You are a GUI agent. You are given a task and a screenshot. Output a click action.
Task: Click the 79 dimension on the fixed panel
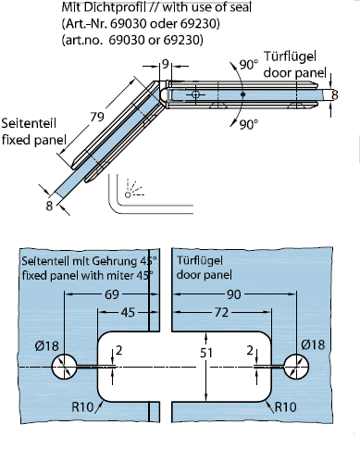click(x=97, y=117)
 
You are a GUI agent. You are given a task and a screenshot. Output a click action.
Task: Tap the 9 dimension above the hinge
click(x=166, y=64)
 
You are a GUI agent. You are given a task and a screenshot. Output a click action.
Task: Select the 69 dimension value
click(x=112, y=294)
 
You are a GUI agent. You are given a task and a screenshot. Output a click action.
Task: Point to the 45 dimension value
click(x=128, y=312)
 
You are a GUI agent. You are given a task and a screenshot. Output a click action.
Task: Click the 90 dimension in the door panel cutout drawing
click(x=234, y=294)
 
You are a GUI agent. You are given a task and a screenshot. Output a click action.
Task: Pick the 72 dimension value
click(x=221, y=312)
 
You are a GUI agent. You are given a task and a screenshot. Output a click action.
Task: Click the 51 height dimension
click(x=206, y=353)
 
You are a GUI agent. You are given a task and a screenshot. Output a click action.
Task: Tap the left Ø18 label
click(x=46, y=346)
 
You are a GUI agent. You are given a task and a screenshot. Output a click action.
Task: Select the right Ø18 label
click(x=313, y=344)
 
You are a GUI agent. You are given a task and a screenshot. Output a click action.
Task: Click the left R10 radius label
click(x=82, y=407)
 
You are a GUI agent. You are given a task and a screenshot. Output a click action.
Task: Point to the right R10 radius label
click(x=285, y=407)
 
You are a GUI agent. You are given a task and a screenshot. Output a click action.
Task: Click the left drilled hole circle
click(x=64, y=367)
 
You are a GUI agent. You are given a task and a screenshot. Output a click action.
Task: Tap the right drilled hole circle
click(x=296, y=367)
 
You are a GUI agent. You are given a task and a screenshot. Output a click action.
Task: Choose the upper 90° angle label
click(x=249, y=65)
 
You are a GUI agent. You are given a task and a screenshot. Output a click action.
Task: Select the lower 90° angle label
click(x=249, y=124)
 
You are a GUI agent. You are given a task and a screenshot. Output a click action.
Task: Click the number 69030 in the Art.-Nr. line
click(x=128, y=24)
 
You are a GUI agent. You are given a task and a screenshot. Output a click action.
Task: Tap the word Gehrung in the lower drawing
click(x=111, y=261)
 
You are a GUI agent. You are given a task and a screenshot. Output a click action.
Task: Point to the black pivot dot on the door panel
click(x=242, y=94)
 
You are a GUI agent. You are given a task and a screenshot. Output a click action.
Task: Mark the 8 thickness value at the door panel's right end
click(x=335, y=94)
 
